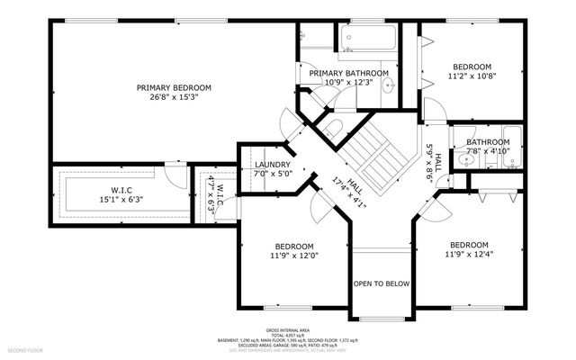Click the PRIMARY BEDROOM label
pyautogui.click(x=174, y=87)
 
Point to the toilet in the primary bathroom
pyautogui.click(x=302, y=37)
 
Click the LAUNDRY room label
pyautogui.click(x=272, y=165)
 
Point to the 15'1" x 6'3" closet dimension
pyautogui.click(x=121, y=200)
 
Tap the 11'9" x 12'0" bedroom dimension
pyautogui.click(x=294, y=256)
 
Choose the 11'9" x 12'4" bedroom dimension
pyautogui.click(x=469, y=255)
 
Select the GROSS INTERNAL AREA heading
pyautogui.click(x=287, y=331)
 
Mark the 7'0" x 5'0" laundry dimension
pyautogui.click(x=272, y=175)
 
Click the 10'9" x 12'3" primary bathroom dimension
pyautogui.click(x=348, y=83)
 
